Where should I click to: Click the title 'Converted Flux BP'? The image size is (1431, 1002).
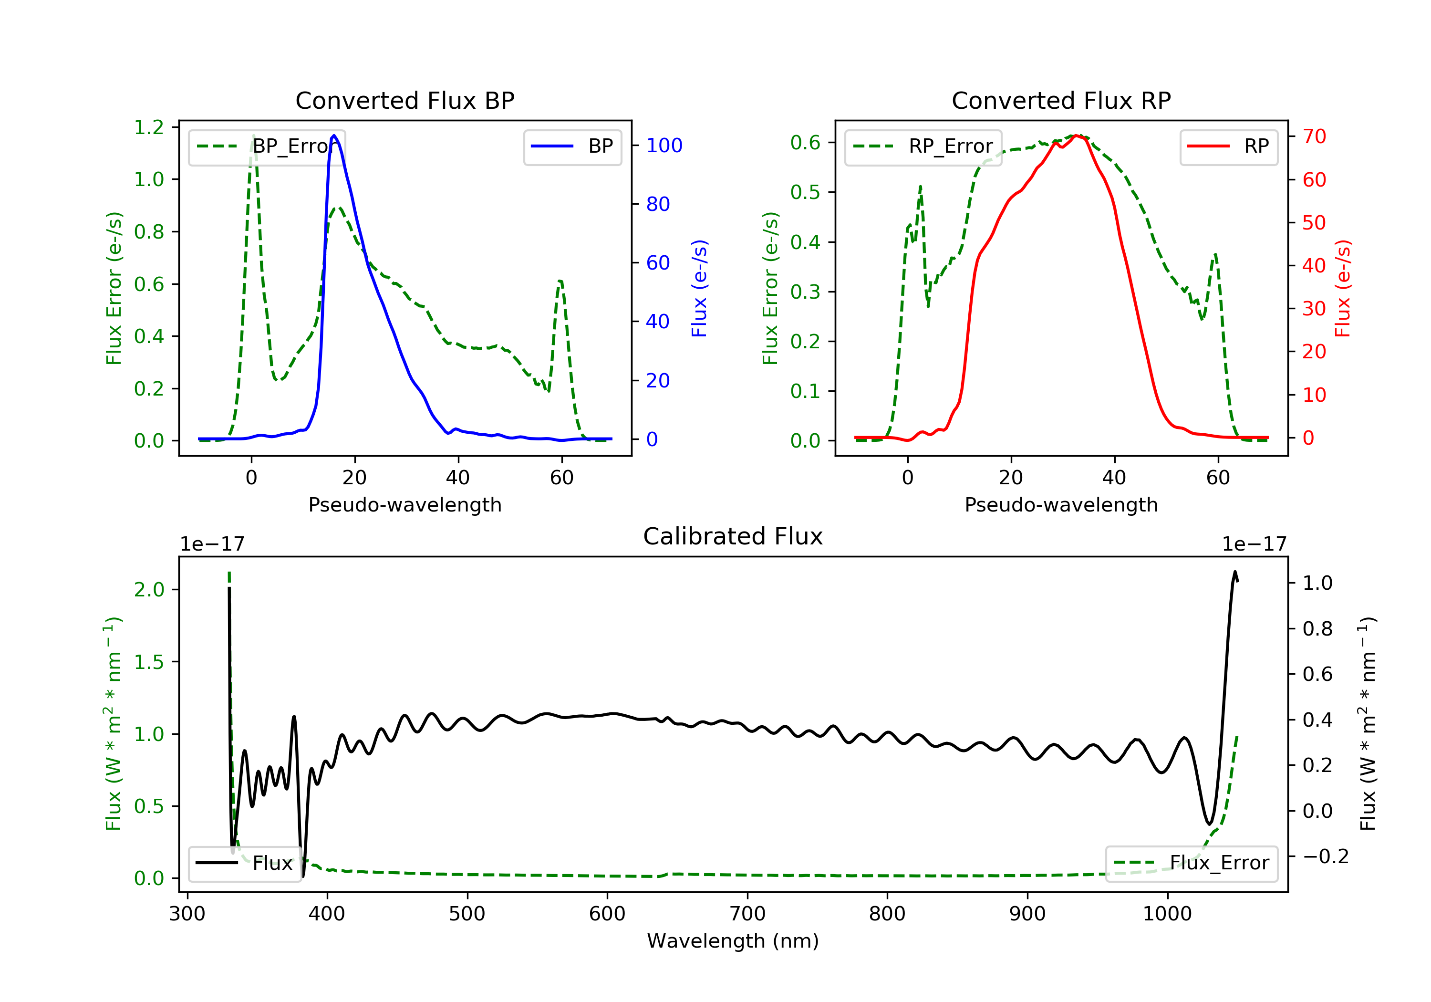pyautogui.click(x=404, y=100)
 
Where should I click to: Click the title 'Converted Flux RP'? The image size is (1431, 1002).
pyautogui.click(x=1061, y=100)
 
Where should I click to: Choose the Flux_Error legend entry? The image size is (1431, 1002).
pyautogui.click(x=1191, y=863)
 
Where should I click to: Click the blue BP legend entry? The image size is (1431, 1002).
pyautogui.click(x=572, y=146)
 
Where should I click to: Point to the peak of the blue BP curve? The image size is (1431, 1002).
pyautogui.click(x=334, y=136)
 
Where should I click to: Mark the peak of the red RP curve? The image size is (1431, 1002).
pyautogui.click(x=1077, y=136)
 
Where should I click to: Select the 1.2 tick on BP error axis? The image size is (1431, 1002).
pyautogui.click(x=149, y=127)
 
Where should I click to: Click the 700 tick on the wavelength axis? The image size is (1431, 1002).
pyautogui.click(x=747, y=914)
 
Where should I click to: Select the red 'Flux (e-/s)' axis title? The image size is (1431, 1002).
pyautogui.click(x=1342, y=288)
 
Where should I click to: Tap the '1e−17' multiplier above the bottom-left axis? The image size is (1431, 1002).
pyautogui.click(x=212, y=544)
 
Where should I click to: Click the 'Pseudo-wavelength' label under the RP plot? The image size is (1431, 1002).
pyautogui.click(x=1061, y=504)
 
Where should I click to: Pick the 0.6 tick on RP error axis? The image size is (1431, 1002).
pyautogui.click(x=805, y=142)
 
